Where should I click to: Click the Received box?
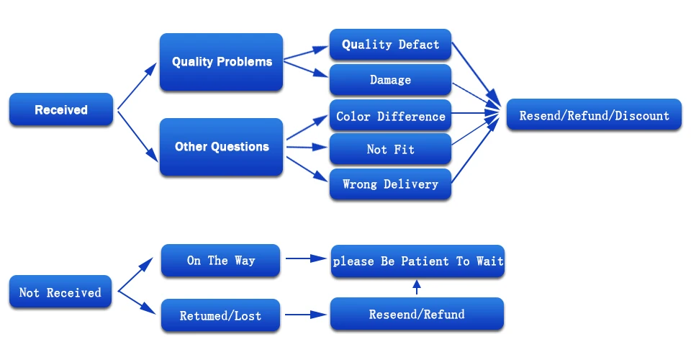60,109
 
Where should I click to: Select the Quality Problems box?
221,62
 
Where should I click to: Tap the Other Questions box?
221,147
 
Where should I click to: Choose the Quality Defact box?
390,45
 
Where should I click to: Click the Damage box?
390,80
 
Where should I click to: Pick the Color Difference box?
390,116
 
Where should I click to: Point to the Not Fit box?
390,149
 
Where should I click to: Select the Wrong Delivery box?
390,184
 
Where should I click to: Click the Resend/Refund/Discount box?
594,114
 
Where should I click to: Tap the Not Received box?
60,292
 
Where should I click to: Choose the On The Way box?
220,261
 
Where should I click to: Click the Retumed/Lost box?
220,315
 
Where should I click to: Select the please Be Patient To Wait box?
417,261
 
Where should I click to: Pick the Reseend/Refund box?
417,314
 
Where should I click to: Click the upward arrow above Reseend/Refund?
417,287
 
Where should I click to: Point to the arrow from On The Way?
307,258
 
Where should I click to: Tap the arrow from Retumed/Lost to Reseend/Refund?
306,315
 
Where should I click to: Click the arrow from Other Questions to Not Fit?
307,147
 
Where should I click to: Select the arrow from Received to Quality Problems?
137,86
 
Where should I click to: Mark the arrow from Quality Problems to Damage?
306,69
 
